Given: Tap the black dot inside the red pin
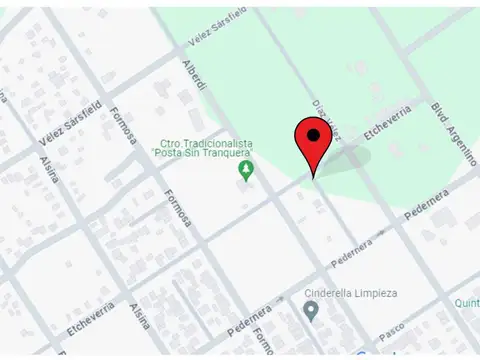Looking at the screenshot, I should tap(314, 135).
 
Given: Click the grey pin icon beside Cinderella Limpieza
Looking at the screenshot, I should tap(311, 312).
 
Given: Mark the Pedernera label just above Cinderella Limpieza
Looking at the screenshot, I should tap(352, 246).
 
